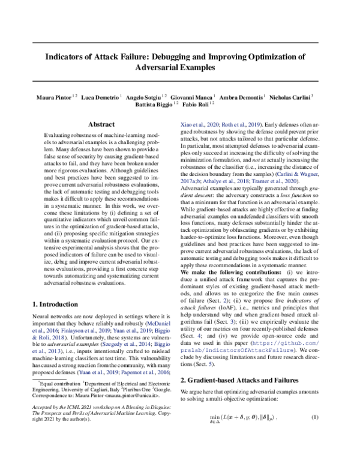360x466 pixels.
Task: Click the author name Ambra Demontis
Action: [242, 95]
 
